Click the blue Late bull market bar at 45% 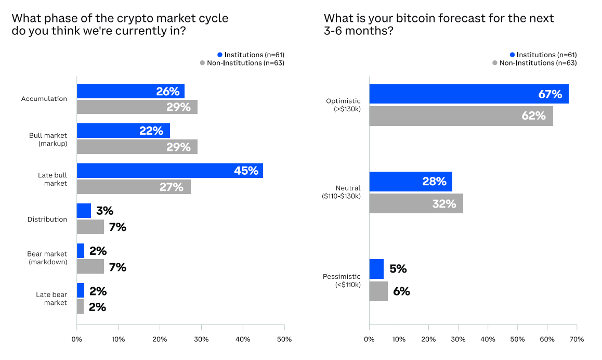[169, 171]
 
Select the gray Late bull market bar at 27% [134, 187]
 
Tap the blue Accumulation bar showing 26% [130, 91]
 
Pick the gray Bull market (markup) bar [137, 147]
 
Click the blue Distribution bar [84, 211]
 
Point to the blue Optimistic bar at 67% [468, 94]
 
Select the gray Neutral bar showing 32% [416, 203]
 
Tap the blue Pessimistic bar [376, 269]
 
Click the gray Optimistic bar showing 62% [461, 115]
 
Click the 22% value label [151, 131]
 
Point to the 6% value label [401, 291]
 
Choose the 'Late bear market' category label [51, 299]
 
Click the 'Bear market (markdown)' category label [47, 258]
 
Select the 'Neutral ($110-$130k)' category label [341, 192]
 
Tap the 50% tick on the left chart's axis [284, 340]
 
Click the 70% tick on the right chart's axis [577, 340]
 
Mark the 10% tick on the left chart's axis [118, 340]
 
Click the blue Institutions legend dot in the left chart [220, 55]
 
